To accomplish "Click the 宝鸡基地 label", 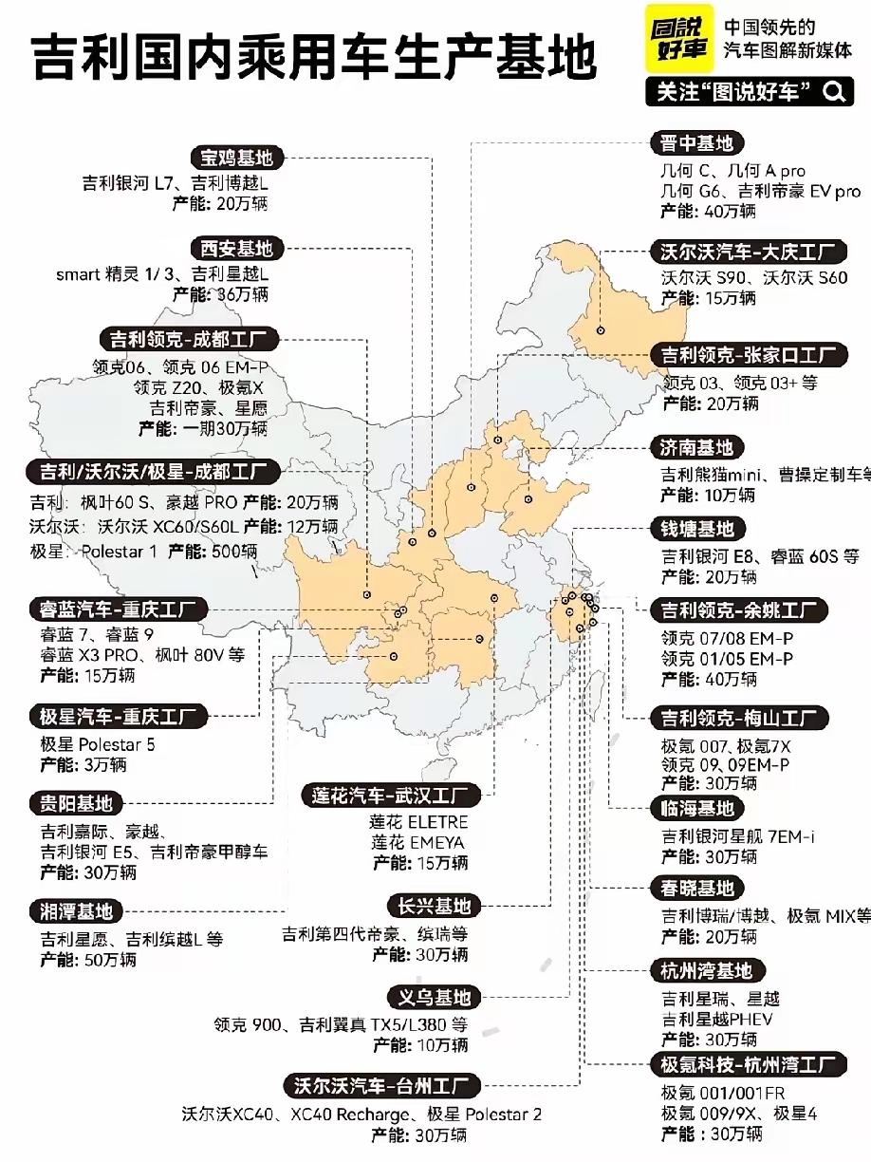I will click(236, 158).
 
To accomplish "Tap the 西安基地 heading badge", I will click(236, 249).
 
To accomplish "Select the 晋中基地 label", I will click(697, 143).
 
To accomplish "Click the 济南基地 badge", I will click(697, 447).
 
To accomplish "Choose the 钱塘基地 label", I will click(697, 528).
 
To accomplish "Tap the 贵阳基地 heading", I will click(76, 803).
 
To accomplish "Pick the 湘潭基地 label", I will click(76, 911).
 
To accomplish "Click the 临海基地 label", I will click(697, 809).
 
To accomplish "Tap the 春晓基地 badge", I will click(697, 890).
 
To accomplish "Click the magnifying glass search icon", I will click(833, 91).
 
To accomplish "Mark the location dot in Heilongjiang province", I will click(602, 330).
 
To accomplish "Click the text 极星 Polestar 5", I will click(98, 744).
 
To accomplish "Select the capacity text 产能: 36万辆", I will click(220, 294).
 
